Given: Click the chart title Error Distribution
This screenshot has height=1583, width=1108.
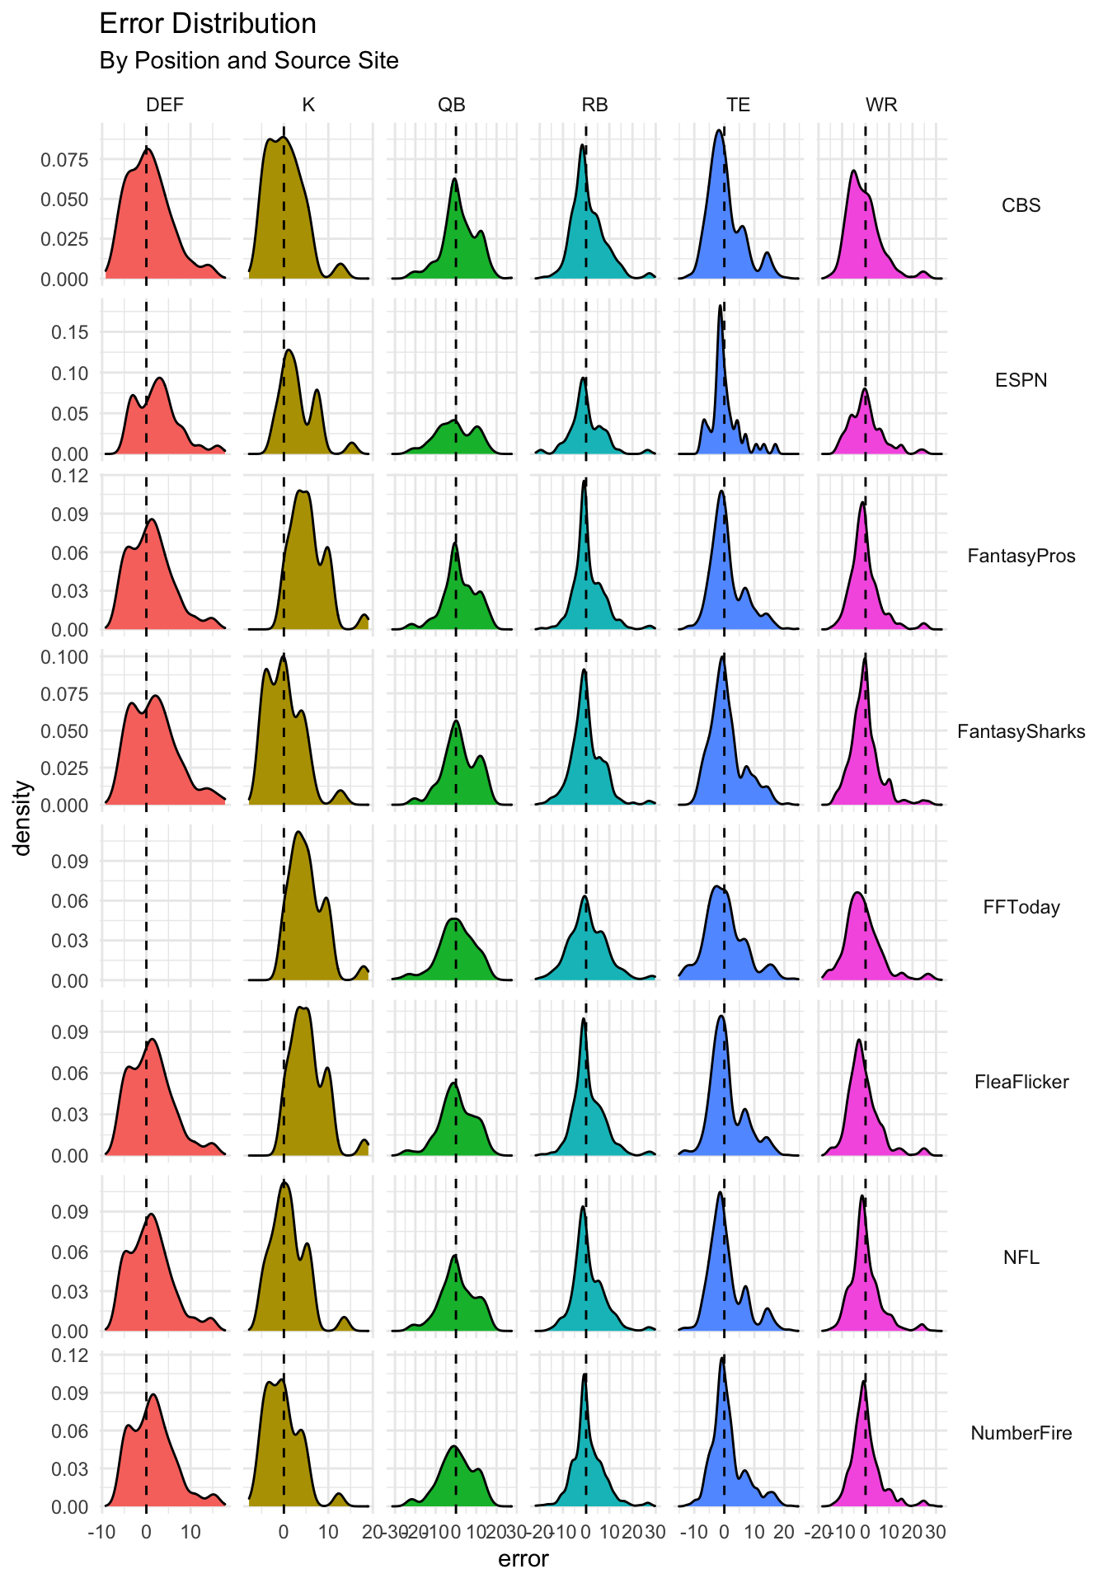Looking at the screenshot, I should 208,24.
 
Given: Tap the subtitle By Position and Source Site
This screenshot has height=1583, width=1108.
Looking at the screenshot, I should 249,61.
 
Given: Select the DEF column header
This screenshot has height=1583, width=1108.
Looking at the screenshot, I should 165,105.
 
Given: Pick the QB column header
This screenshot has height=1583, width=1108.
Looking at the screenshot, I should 452,105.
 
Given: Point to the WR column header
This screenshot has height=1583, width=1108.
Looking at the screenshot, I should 881,105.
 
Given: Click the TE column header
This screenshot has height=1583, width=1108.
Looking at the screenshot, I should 738,105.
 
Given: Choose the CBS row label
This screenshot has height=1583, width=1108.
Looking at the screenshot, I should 1021,205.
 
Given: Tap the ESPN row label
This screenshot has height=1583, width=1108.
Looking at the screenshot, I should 1021,380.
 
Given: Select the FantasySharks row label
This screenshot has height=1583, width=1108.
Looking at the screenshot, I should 1021,731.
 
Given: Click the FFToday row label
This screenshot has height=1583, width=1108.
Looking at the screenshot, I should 1021,907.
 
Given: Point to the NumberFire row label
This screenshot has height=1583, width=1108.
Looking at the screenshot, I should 1021,1433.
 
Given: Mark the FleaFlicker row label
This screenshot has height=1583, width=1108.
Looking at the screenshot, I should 1021,1082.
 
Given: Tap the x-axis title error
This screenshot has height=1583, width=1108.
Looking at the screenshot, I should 523,1559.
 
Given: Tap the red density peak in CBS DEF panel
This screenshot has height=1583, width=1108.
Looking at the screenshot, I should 148,152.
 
